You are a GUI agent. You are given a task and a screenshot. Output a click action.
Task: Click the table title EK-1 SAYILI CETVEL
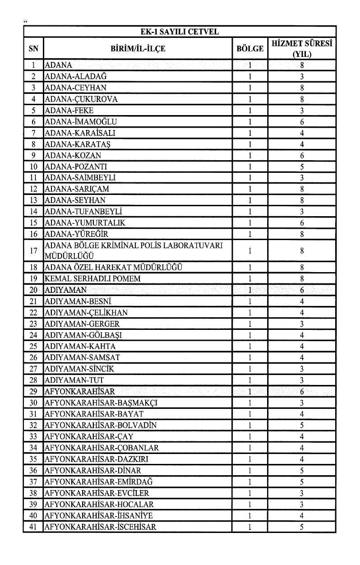(179, 31)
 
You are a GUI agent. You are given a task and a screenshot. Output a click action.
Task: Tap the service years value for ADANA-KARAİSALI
(302, 133)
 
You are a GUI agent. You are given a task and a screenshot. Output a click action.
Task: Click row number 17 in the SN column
(33, 251)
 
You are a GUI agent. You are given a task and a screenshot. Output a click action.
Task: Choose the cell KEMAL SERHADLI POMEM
(92, 279)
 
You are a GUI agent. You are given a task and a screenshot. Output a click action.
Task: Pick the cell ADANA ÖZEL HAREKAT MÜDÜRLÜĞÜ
(113, 268)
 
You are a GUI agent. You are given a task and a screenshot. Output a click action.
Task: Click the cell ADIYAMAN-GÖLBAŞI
(84, 335)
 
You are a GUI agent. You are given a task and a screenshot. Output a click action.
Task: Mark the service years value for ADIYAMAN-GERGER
(302, 324)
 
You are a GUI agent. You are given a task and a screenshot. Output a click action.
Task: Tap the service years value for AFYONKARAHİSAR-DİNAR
(302, 470)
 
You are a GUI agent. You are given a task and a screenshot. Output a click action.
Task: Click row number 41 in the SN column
(33, 527)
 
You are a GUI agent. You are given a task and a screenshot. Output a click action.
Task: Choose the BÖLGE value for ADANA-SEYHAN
(250, 200)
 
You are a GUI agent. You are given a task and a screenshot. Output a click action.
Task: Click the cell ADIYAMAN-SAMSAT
(83, 357)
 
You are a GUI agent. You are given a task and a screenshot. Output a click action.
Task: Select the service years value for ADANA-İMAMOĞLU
(302, 122)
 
